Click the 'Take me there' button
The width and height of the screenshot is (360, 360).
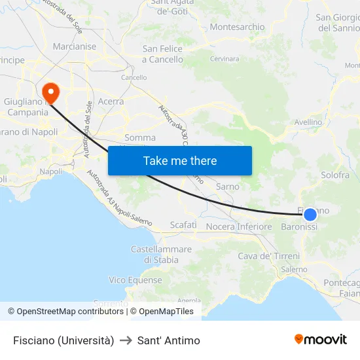pyautogui.click(x=180, y=160)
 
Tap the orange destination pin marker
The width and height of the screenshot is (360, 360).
pyautogui.click(x=50, y=92)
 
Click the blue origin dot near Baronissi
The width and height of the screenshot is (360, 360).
pyautogui.click(x=310, y=214)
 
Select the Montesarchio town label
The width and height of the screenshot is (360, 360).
pyautogui.click(x=237, y=27)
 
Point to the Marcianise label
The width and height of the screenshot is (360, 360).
pyautogui.click(x=74, y=46)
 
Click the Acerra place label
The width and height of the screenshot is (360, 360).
pyautogui.click(x=111, y=101)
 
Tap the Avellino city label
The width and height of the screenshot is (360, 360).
pyautogui.click(x=308, y=122)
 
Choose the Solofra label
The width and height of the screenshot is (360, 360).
pyautogui.click(x=335, y=175)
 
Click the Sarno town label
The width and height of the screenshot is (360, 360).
pyautogui.click(x=228, y=187)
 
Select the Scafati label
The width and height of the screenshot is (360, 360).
pyautogui.click(x=183, y=225)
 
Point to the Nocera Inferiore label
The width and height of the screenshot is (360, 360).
pyautogui.click(x=239, y=226)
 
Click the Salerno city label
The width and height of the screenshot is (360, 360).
pyautogui.click(x=294, y=269)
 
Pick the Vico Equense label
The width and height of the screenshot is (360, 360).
pyautogui.click(x=135, y=279)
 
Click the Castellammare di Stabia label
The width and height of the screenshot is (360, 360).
pyautogui.click(x=161, y=255)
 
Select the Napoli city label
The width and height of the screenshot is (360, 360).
pyautogui.click(x=51, y=171)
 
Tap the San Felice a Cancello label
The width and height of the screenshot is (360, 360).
pyautogui.click(x=163, y=54)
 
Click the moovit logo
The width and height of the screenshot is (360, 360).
pyautogui.click(x=321, y=339)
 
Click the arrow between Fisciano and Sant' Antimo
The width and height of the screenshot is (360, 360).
pyautogui.click(x=126, y=340)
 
